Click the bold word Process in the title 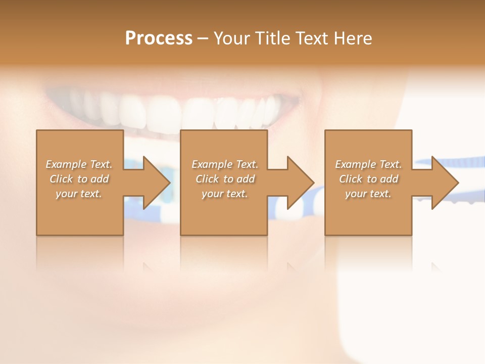pyautogui.click(x=159, y=38)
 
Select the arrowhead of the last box pyautogui.click(x=444, y=183)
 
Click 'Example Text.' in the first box pyautogui.click(x=79, y=164)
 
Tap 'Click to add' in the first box pyautogui.click(x=79, y=179)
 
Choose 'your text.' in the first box pyautogui.click(x=79, y=194)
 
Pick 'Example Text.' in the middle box pyautogui.click(x=225, y=164)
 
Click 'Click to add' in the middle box pyautogui.click(x=225, y=179)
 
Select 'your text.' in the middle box pyautogui.click(x=225, y=194)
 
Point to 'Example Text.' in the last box pyautogui.click(x=368, y=164)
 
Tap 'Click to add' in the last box pyautogui.click(x=368, y=179)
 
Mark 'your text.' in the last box pyautogui.click(x=368, y=194)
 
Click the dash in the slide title pyautogui.click(x=203, y=38)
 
